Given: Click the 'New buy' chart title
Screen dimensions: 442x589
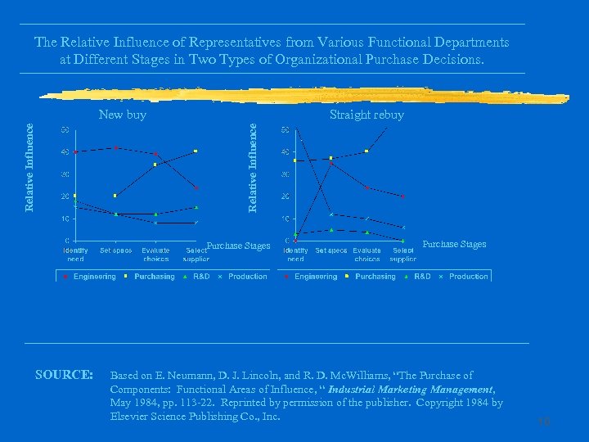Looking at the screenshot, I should click(x=122, y=115).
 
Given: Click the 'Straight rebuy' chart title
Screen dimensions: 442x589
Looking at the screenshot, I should click(x=366, y=115).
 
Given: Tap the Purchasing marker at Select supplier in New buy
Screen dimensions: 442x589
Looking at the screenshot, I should click(x=196, y=151).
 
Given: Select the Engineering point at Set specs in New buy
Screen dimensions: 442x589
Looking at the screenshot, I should click(x=116, y=148).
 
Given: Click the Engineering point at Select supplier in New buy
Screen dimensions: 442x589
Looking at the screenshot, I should click(x=196, y=188).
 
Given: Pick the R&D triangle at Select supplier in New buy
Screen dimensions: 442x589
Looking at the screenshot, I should click(x=196, y=207).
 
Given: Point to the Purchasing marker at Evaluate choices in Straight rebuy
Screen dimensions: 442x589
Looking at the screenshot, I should click(x=367, y=151).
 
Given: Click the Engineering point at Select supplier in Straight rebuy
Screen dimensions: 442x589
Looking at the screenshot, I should click(x=402, y=196).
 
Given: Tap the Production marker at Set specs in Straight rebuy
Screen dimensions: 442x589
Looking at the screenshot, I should click(x=331, y=214).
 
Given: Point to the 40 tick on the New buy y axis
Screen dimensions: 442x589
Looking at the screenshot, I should click(x=64, y=151).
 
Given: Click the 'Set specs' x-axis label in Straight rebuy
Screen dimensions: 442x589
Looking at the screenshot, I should click(x=331, y=250).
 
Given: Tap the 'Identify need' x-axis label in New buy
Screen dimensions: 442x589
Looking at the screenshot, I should click(x=75, y=255).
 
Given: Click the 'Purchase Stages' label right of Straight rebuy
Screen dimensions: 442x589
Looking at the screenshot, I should click(x=454, y=244).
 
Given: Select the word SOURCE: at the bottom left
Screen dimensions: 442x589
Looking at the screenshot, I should click(x=64, y=375).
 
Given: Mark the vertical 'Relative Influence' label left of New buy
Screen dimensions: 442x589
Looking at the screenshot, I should click(x=29, y=167).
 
